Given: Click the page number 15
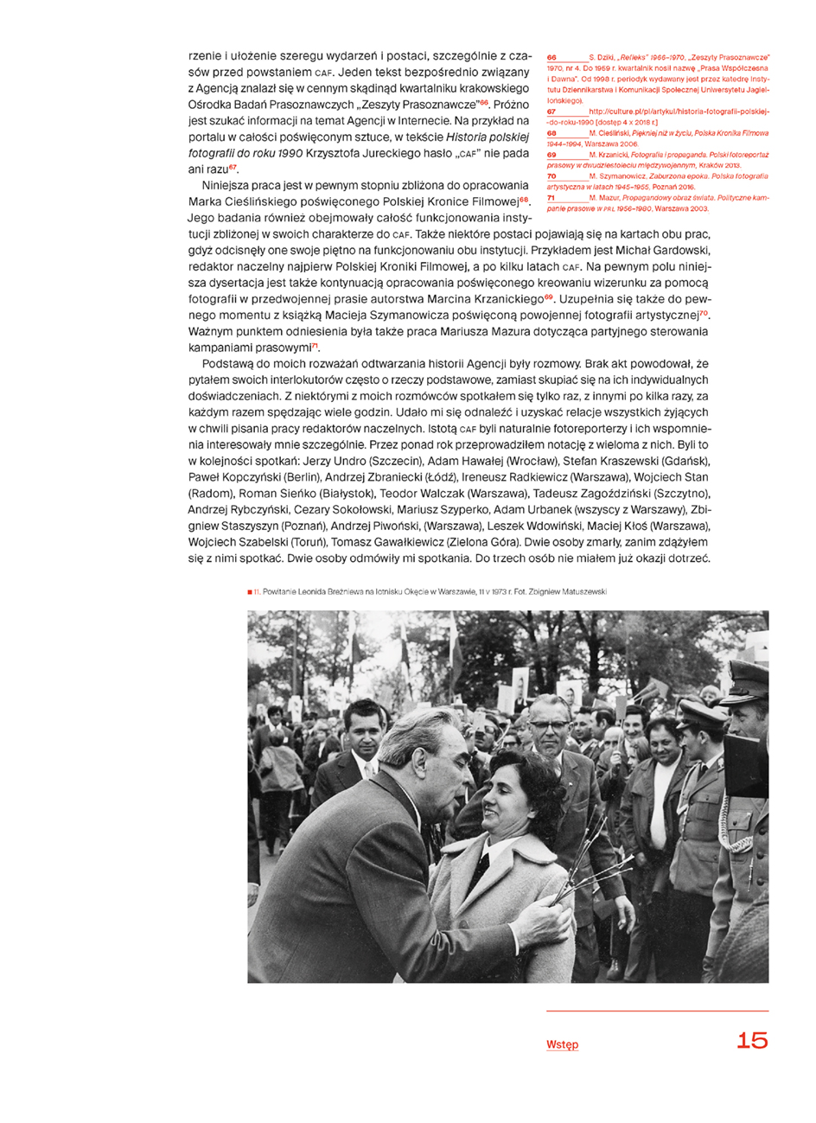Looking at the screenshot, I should click(751, 1040).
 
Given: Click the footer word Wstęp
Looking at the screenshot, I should click(562, 1044).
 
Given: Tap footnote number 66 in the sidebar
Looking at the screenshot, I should click(551, 57).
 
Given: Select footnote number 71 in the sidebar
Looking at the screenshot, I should click(551, 198).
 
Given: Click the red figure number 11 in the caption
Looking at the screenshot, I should click(257, 592).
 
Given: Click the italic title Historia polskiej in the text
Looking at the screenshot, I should click(487, 137).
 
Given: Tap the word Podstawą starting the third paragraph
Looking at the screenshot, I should click(229, 364).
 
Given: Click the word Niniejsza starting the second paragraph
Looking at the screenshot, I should click(229, 185).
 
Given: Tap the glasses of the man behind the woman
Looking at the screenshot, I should click(548, 724).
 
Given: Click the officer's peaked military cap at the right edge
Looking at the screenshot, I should click(749, 673).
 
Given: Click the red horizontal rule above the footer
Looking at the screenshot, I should click(657, 1011).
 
